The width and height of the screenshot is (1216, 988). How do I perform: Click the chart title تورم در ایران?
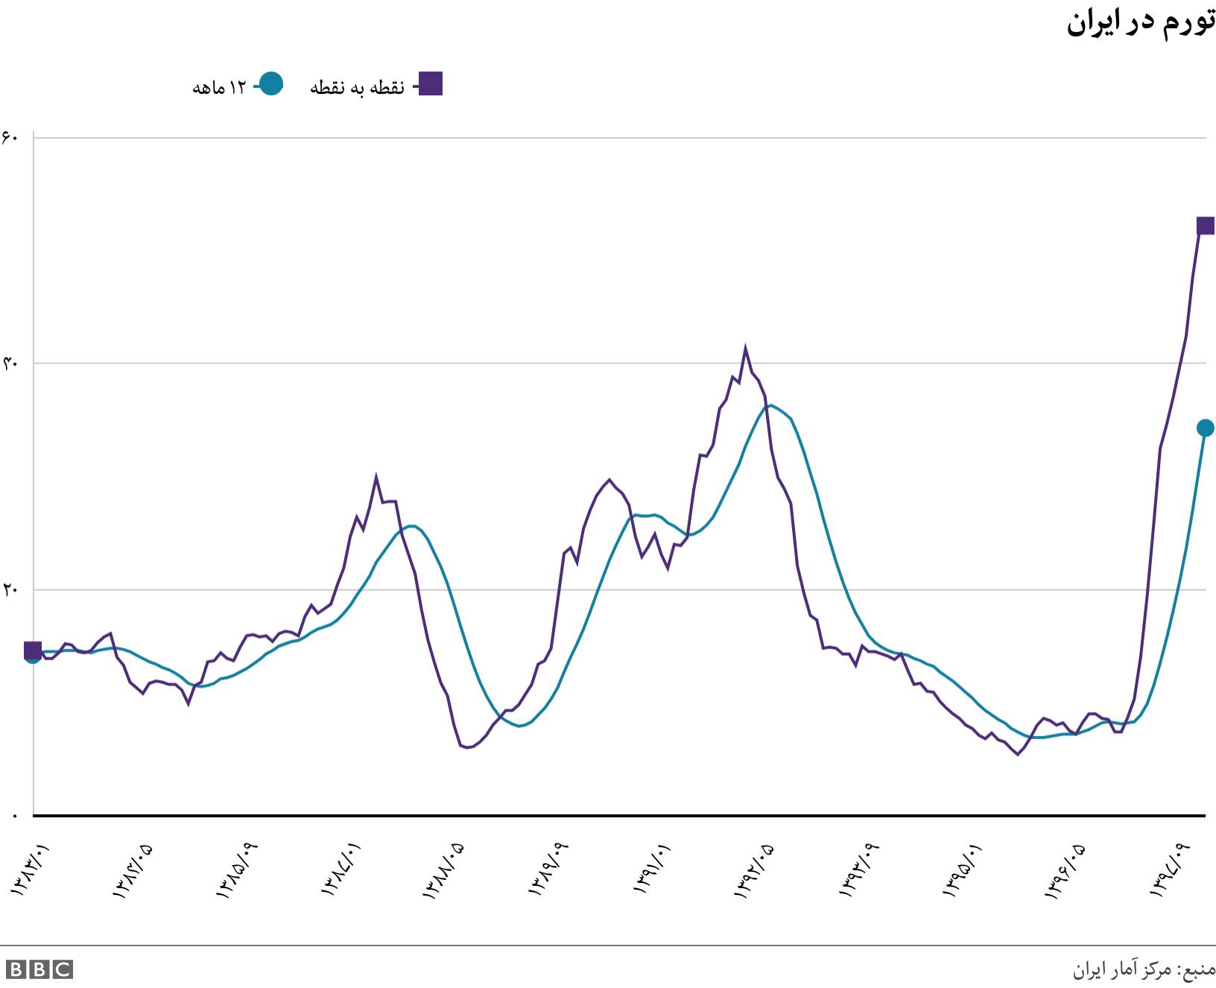(1140, 24)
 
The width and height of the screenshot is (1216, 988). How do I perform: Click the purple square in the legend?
(430, 84)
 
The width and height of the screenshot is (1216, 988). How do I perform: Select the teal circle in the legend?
(271, 84)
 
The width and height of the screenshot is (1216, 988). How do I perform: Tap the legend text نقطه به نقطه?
(357, 88)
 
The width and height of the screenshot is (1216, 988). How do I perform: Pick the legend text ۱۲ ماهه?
(219, 88)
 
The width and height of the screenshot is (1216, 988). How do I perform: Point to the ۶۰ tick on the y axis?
(10, 137)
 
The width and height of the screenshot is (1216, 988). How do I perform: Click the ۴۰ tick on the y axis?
(10, 364)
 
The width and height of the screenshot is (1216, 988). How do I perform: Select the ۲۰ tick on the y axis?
(10, 589)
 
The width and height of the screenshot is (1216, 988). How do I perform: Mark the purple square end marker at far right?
(1205, 226)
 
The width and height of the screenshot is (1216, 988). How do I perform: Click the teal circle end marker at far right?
(1205, 428)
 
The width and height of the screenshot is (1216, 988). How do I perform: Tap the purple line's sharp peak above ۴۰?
(745, 348)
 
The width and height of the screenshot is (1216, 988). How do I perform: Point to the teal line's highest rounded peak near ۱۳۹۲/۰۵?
(770, 405)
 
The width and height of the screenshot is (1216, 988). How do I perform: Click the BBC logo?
(39, 969)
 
